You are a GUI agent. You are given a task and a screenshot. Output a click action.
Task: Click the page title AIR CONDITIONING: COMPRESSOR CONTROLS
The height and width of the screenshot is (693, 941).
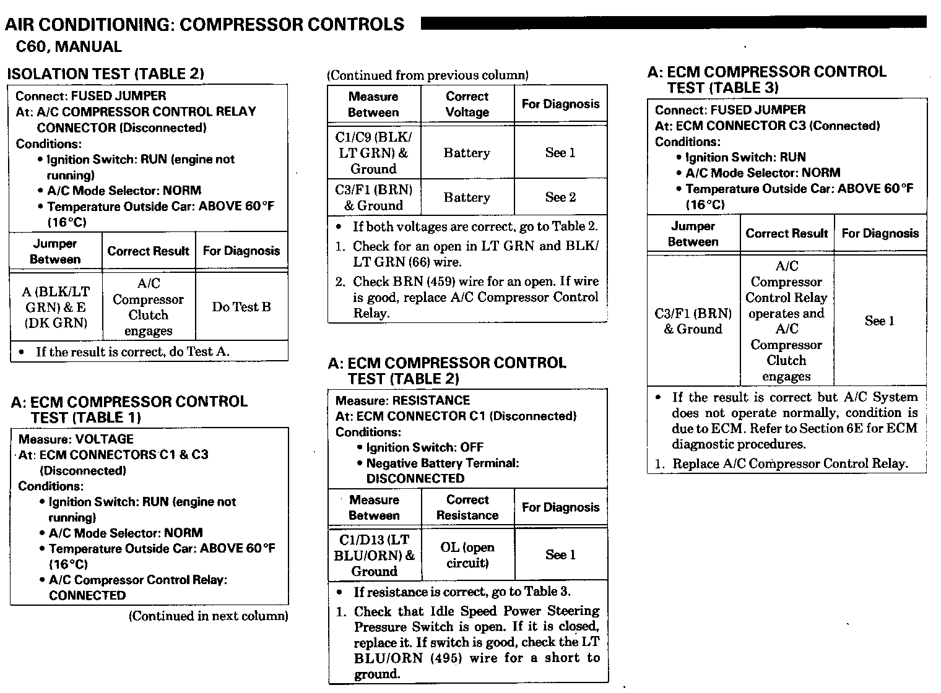click(x=204, y=25)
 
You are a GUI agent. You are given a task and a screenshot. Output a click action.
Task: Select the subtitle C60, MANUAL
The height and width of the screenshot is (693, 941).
click(x=69, y=46)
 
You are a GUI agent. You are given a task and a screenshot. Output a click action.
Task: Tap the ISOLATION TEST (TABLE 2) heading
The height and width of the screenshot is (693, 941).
click(x=105, y=74)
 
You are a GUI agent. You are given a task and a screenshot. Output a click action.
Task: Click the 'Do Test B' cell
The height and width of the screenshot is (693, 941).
click(x=241, y=307)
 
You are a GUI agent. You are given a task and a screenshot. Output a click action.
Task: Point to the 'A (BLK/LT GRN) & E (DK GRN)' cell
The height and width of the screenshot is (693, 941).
click(x=56, y=307)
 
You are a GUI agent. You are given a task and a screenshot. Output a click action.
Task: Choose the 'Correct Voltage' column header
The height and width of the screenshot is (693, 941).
click(x=467, y=104)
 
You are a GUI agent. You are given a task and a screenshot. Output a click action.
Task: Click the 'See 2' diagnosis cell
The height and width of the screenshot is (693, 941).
click(x=560, y=197)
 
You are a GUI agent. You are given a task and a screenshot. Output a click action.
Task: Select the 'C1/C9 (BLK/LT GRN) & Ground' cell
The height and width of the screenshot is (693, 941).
click(x=373, y=153)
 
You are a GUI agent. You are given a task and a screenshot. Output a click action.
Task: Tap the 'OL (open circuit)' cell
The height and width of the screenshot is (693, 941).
click(x=467, y=555)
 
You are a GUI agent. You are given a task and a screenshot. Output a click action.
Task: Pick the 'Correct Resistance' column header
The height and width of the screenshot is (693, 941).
click(x=467, y=507)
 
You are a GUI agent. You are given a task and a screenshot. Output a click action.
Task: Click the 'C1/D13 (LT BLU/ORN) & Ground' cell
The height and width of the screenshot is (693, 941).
click(x=374, y=555)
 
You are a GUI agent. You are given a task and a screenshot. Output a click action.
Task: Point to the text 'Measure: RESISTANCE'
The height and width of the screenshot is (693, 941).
click(x=402, y=400)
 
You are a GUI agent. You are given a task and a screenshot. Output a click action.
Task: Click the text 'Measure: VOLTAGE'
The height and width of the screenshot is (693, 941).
click(x=76, y=439)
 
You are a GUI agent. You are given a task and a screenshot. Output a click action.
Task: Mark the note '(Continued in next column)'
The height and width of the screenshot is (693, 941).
click(x=208, y=616)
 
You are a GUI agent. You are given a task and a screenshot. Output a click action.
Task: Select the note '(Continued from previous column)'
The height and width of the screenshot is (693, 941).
click(x=428, y=75)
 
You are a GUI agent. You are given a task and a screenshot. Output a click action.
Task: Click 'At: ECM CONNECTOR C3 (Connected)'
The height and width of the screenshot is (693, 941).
click(x=767, y=126)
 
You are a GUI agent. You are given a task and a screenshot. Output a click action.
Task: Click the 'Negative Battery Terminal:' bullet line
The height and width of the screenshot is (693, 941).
click(x=442, y=463)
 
